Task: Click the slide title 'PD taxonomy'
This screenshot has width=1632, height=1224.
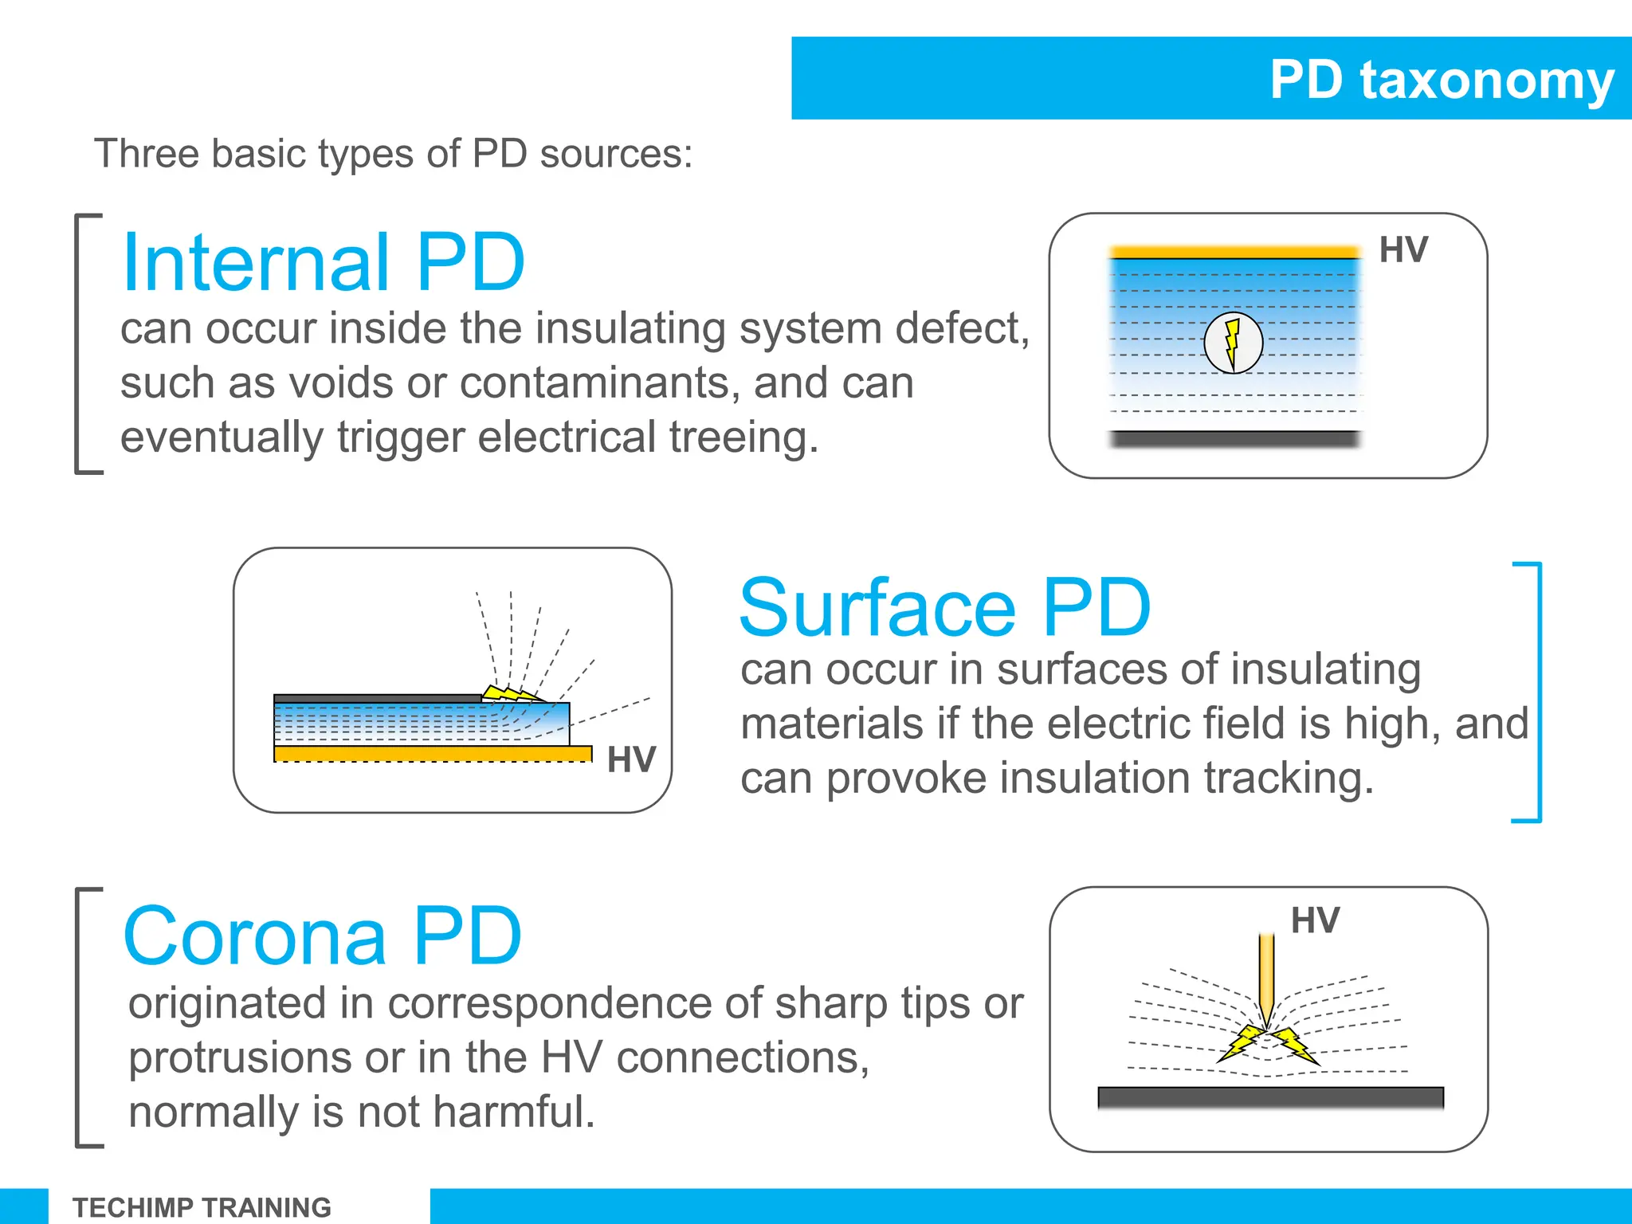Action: click(1441, 80)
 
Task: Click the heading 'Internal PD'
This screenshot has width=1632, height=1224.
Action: click(324, 262)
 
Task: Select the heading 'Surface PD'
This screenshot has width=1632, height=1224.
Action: click(945, 608)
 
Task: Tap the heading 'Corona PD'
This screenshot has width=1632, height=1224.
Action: click(323, 936)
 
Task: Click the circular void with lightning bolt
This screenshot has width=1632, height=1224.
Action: click(1233, 343)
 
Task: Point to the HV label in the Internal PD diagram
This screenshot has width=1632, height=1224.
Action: click(1403, 250)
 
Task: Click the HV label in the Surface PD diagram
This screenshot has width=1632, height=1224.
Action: click(631, 759)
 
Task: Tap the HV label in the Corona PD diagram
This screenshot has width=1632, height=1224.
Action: click(1315, 921)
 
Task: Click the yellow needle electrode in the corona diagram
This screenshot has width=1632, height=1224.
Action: click(1266, 976)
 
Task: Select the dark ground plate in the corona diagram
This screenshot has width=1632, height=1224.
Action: click(1270, 1097)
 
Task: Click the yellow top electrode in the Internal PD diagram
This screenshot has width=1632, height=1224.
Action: click(1234, 253)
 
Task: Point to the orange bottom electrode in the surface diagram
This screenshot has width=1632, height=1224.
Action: click(432, 753)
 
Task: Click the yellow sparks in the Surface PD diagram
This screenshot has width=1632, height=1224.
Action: click(510, 692)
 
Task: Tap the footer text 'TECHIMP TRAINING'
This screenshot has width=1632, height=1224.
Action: click(202, 1207)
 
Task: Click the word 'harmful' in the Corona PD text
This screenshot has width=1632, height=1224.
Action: click(510, 1112)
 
